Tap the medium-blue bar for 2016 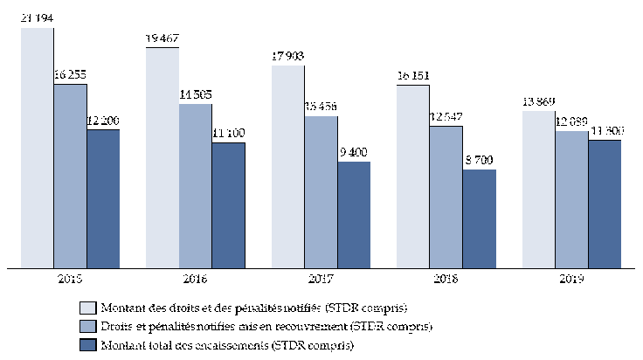196,185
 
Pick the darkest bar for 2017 354,214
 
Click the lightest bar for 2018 413,175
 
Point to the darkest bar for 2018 480,218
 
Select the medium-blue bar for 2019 571,198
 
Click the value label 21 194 38,20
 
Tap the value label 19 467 163,39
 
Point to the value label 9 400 354,154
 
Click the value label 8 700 480,162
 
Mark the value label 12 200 103,121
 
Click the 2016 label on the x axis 196,279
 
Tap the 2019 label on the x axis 571,279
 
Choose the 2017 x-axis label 321,279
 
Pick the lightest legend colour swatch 87,308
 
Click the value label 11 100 228,135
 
